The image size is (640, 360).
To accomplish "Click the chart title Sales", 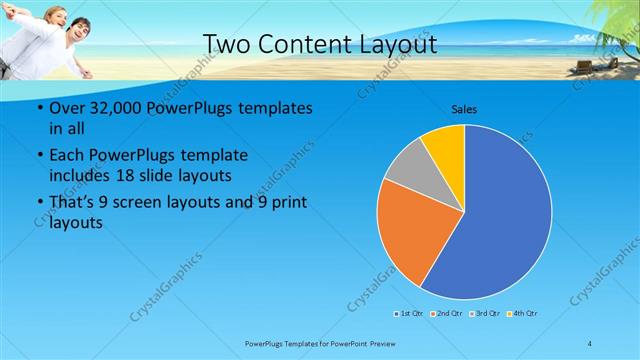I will pos(463,108).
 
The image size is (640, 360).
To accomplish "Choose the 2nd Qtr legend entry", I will pos(447,314).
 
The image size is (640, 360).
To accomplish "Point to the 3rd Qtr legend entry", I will pos(485,314).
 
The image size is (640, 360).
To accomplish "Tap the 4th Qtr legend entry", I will pos(523,314).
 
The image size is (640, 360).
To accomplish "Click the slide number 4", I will pos(590,344).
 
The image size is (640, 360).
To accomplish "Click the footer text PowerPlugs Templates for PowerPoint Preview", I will pos(319,344).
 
